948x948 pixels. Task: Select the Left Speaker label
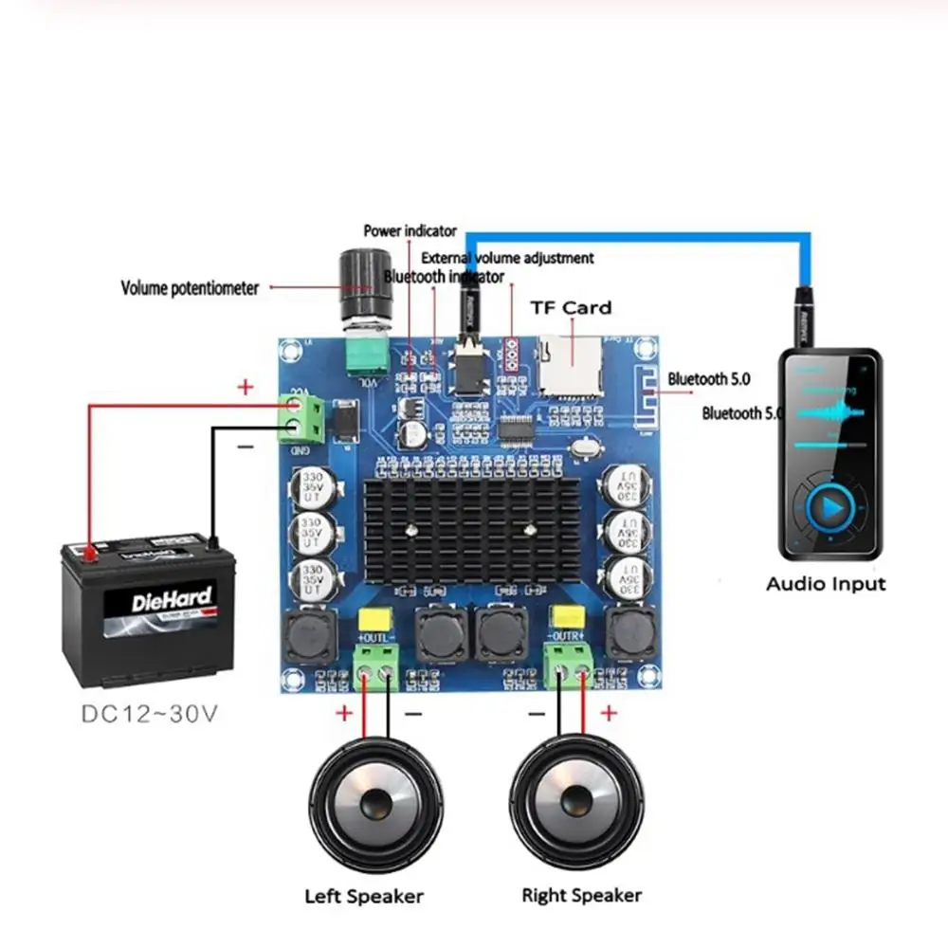point(363,896)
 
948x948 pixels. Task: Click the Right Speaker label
point(581,895)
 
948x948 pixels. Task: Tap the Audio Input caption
point(825,584)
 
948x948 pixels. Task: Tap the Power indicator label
point(410,230)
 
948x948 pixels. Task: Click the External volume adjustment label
point(507,258)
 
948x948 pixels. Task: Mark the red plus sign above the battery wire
point(246,387)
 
